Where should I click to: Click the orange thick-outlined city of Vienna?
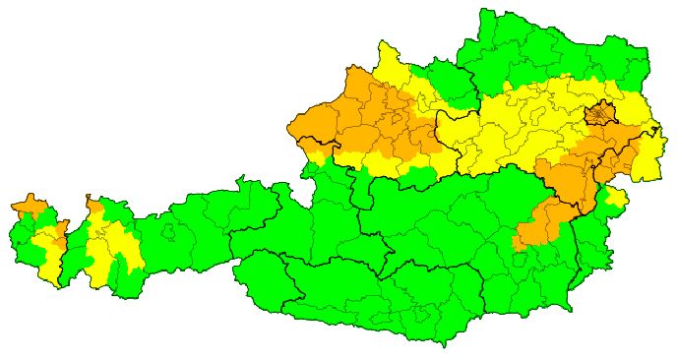click(599, 115)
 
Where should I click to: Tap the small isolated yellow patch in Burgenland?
click(616, 199)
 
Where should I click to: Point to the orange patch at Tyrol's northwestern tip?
click(93, 210)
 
